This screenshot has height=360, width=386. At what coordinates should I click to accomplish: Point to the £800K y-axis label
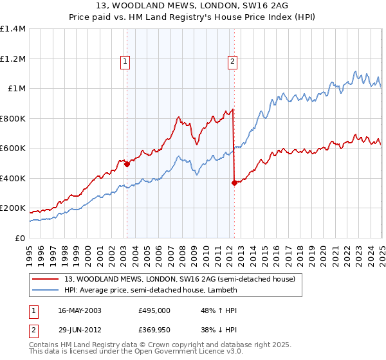click(14, 118)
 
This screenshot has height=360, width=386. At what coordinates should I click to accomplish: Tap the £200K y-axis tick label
click(14, 208)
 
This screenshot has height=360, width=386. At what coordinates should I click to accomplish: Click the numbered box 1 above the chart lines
click(124, 62)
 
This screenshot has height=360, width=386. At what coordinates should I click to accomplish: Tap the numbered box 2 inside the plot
click(232, 62)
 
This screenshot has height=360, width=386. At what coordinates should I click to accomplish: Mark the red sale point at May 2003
click(127, 164)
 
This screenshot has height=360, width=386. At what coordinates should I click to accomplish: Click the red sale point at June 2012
click(234, 183)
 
